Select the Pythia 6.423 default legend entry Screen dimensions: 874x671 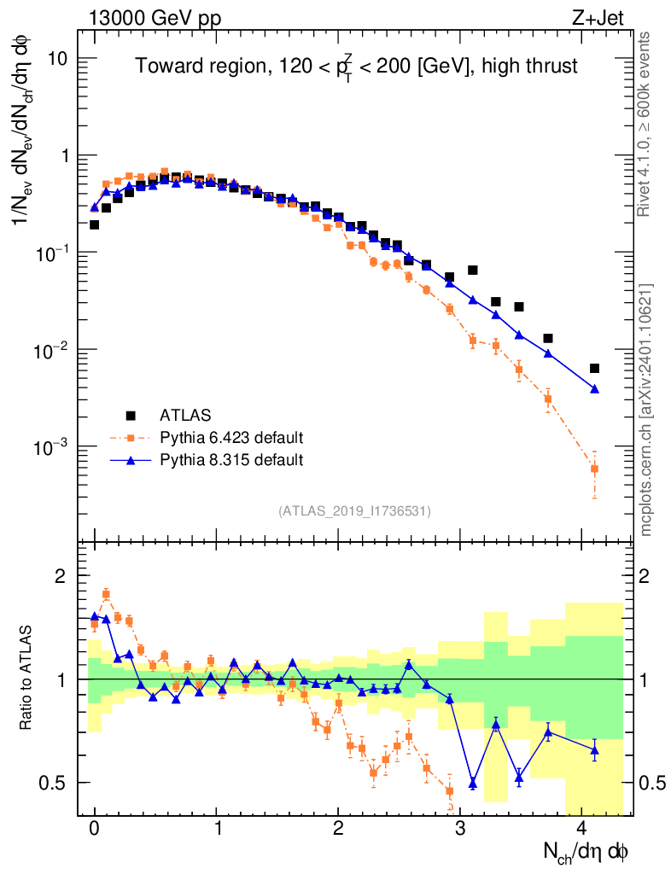[x=231, y=439]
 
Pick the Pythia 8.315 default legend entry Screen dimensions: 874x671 [x=231, y=460]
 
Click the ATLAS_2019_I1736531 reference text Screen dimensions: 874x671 [x=354, y=511]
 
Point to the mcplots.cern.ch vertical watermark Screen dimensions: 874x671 [x=647, y=410]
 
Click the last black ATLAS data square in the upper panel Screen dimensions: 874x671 [x=594, y=369]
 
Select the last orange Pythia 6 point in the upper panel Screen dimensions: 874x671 [x=594, y=469]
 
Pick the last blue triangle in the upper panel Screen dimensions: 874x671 [x=594, y=389]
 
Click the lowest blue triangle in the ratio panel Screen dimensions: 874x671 [x=473, y=783]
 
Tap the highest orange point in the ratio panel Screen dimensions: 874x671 [x=106, y=594]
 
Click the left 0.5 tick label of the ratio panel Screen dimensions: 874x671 [x=61, y=783]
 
